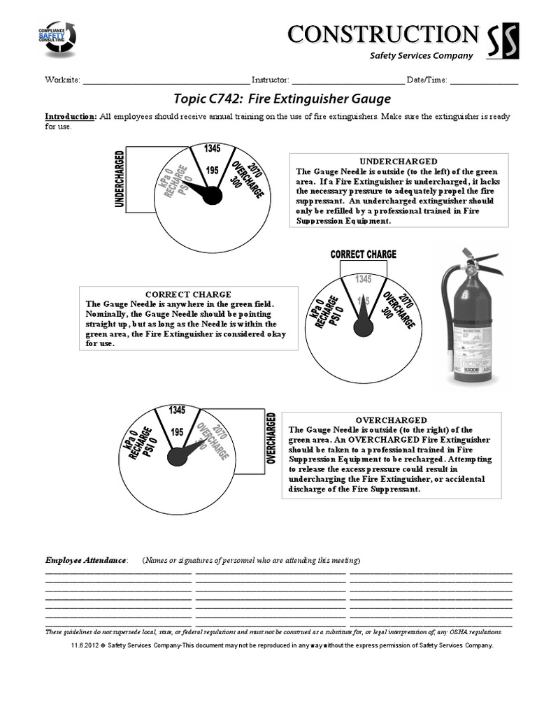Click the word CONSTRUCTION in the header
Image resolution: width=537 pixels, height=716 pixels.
tap(382, 34)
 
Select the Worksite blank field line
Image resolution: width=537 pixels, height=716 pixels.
tap(166, 81)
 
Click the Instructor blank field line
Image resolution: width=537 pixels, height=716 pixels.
tap(347, 81)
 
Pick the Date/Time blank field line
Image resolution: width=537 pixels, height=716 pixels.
tap(484, 81)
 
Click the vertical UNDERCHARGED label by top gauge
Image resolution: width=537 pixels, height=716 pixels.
tap(120, 179)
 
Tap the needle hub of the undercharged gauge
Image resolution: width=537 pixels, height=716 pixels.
tap(212, 196)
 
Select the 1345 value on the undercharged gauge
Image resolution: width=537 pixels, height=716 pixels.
tap(213, 148)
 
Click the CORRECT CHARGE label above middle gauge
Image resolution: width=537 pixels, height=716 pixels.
tap(363, 255)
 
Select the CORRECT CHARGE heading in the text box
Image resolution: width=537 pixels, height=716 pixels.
tap(187, 294)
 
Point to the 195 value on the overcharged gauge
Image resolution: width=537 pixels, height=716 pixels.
tap(177, 433)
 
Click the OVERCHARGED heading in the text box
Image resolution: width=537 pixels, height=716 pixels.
tap(391, 420)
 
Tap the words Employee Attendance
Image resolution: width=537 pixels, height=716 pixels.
tap(86, 560)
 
